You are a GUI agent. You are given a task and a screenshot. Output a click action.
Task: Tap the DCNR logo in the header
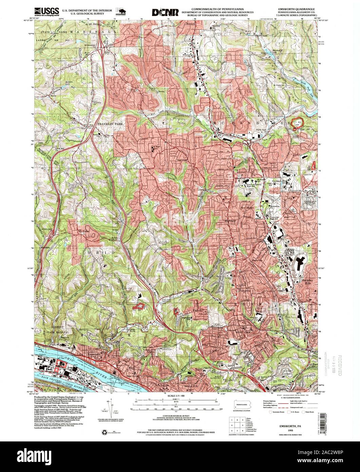pyautogui.click(x=165, y=12)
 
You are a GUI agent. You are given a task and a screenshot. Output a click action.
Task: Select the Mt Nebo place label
pyautogui.click(x=83, y=232)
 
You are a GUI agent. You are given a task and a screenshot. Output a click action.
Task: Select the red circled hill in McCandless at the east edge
pyautogui.click(x=298, y=124)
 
